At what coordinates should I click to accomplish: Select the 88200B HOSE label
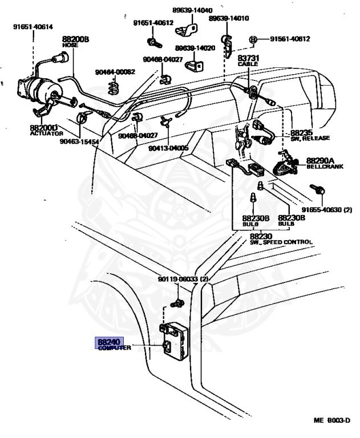[x=76, y=41]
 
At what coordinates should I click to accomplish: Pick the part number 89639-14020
[x=195, y=48]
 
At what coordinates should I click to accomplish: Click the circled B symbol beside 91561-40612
[x=252, y=39]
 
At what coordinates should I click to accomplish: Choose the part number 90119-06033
[x=184, y=279]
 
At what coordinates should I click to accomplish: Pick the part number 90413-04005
[x=168, y=148]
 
